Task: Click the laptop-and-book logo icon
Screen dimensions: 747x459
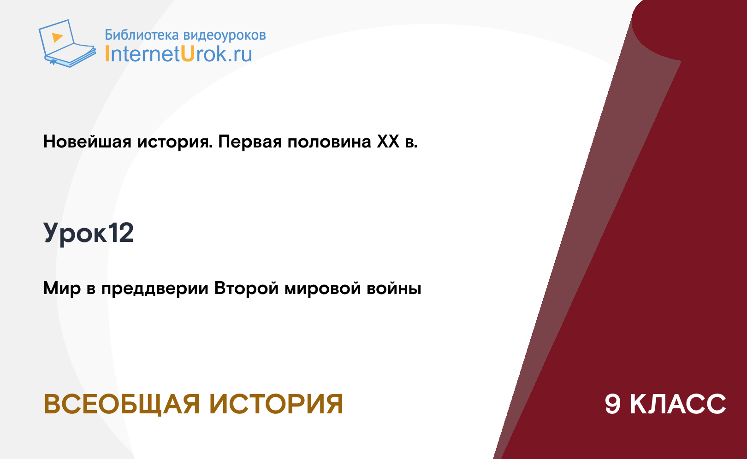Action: (x=67, y=43)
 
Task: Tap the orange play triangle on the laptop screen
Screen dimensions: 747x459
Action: (x=57, y=37)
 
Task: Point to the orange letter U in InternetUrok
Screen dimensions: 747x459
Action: (x=188, y=53)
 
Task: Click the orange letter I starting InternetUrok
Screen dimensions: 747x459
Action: (x=107, y=53)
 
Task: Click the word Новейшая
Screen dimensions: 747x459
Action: (x=87, y=141)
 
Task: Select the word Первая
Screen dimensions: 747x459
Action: (x=250, y=141)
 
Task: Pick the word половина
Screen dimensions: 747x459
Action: (x=330, y=141)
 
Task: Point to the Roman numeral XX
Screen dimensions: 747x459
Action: (x=388, y=141)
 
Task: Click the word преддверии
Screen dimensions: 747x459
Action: (x=155, y=288)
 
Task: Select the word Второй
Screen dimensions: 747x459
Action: (x=246, y=288)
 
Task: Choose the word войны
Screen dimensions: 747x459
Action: (x=394, y=288)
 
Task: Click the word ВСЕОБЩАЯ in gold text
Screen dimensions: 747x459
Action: (x=122, y=404)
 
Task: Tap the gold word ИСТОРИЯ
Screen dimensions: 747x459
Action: (x=276, y=404)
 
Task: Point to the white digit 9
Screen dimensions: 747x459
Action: (x=613, y=404)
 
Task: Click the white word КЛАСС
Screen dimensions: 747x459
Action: (x=678, y=404)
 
